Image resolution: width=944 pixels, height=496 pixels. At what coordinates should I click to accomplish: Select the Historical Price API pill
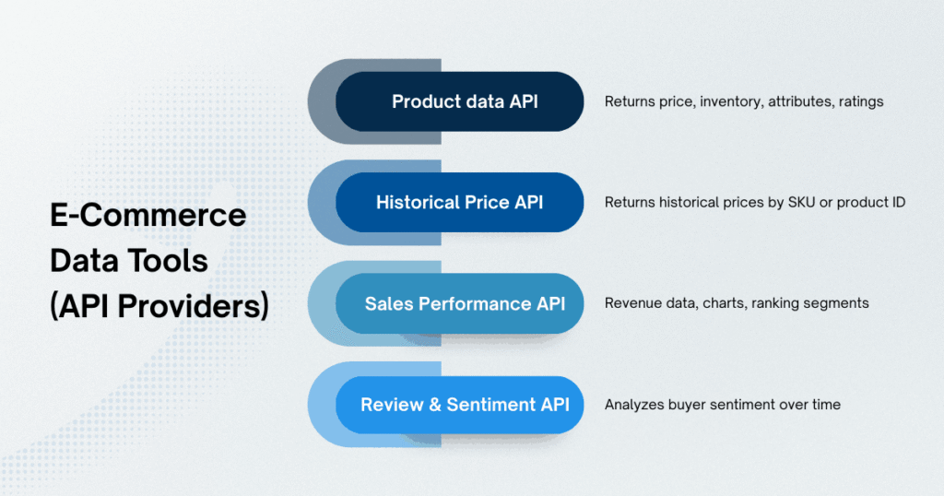point(459,202)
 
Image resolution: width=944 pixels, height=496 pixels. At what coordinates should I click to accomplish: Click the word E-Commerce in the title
point(147,216)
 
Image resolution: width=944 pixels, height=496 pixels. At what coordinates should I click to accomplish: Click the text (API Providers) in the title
point(159,306)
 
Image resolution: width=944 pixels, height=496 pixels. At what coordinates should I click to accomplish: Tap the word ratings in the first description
point(857,101)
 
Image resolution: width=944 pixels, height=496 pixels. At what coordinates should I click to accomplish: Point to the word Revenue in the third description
point(633,303)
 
